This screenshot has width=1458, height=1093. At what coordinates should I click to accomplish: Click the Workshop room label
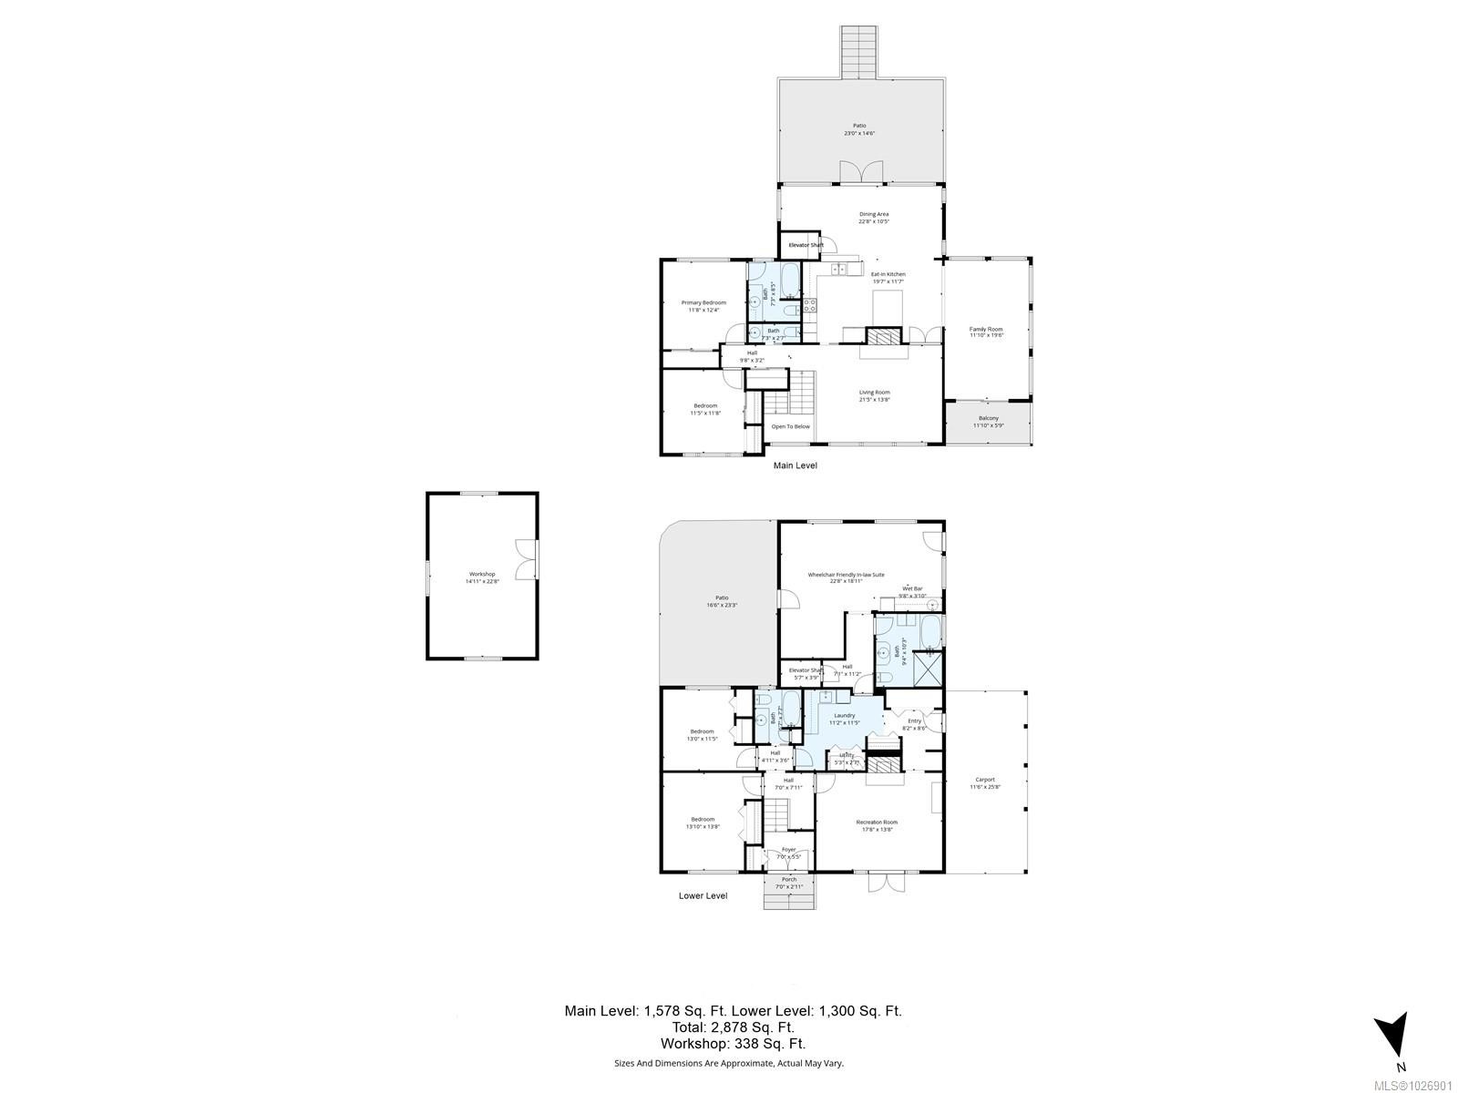482,574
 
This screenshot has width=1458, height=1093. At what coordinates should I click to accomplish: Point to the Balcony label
988,418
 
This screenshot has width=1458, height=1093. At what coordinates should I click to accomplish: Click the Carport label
984,780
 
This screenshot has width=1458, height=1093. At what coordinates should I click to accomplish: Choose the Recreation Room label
877,822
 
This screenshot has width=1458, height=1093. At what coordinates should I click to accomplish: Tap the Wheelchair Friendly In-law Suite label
846,575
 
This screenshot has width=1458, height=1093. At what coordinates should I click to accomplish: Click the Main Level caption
795,465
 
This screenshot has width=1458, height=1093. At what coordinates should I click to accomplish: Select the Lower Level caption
703,895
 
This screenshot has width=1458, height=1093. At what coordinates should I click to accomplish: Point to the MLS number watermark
1418,1086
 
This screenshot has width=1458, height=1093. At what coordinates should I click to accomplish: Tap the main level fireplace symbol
881,335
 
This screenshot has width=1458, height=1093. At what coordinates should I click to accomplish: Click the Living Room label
874,393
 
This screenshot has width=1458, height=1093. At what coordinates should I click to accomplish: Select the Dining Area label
873,214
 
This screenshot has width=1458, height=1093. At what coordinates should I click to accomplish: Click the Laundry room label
844,715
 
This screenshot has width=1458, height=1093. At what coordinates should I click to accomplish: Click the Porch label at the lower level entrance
788,879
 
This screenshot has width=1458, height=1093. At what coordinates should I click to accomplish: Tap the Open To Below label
790,426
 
